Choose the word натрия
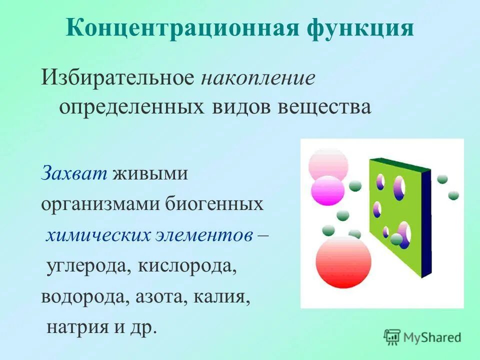coord(75,328)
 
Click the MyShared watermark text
coord(432,337)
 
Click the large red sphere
coord(343,261)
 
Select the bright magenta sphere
coord(327,190)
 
